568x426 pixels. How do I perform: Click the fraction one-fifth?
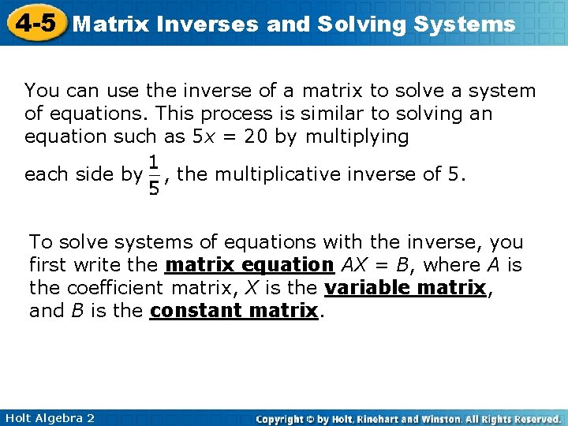pos(154,174)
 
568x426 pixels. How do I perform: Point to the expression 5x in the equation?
pos(202,136)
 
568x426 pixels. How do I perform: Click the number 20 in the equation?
pos(255,136)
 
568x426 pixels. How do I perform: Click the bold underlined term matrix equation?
pos(249,265)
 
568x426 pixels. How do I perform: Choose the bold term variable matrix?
pos(405,288)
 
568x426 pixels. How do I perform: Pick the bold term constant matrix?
pos(234,311)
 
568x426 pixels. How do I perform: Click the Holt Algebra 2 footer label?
pos(48,417)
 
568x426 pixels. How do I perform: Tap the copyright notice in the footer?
pos(409,418)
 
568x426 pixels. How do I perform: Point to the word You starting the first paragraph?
pos(40,91)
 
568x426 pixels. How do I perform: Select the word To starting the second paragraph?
pos(39,242)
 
